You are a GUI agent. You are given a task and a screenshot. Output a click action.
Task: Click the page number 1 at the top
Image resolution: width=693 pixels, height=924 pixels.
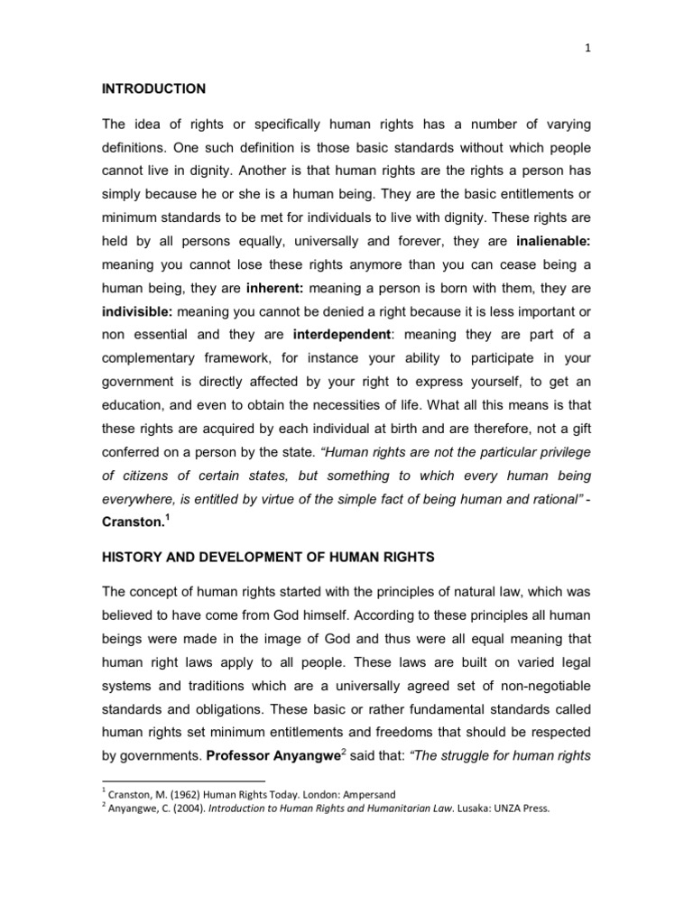(587, 51)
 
